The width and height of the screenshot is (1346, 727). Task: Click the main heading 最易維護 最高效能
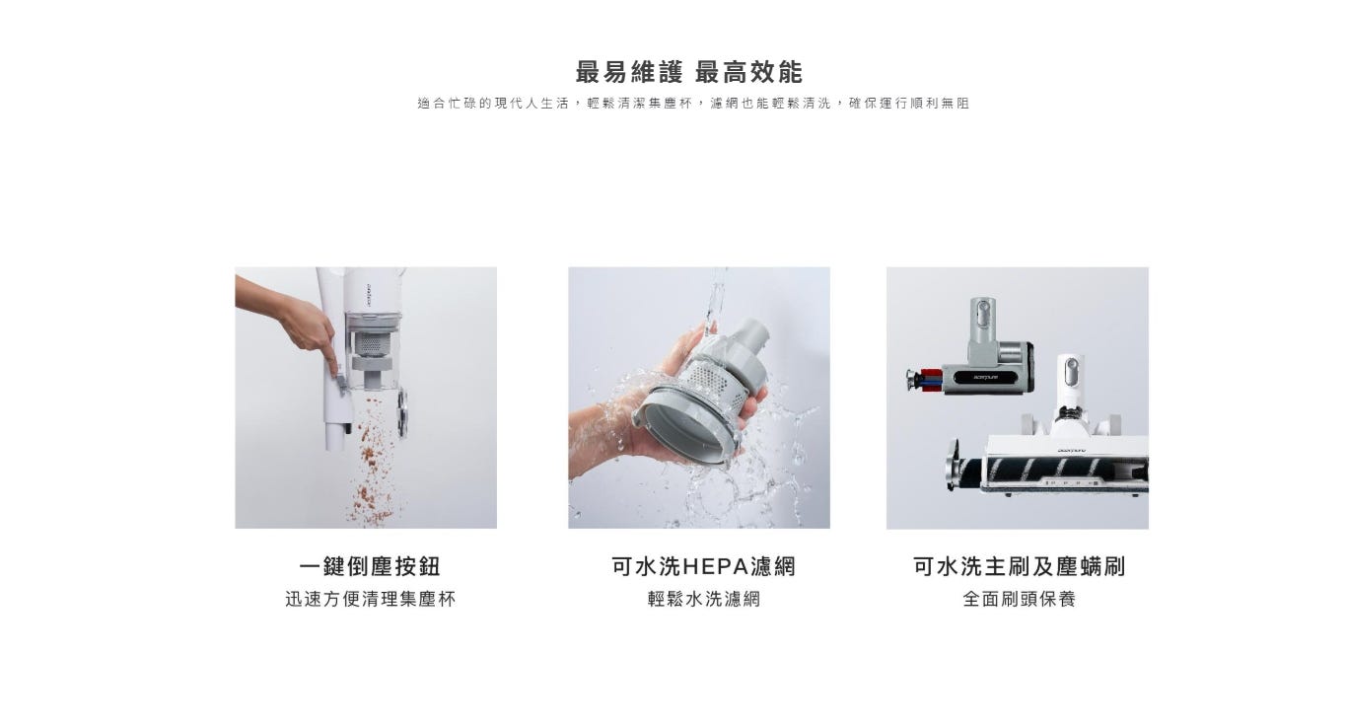pyautogui.click(x=688, y=72)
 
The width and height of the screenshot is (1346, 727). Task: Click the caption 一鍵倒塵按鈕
pyautogui.click(x=370, y=566)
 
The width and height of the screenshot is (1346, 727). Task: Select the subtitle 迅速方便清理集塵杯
pyautogui.click(x=370, y=599)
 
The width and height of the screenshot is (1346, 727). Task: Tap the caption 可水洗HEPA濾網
pyautogui.click(x=703, y=566)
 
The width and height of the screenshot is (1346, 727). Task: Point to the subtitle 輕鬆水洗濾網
pyautogui.click(x=704, y=599)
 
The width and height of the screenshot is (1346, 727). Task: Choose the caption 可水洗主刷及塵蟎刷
pyautogui.click(x=1019, y=566)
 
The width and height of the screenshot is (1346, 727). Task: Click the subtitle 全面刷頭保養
pyautogui.click(x=1019, y=599)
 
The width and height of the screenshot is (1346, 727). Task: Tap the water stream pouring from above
pyautogui.click(x=714, y=301)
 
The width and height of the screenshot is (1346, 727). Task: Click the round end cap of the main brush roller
pyautogui.click(x=952, y=466)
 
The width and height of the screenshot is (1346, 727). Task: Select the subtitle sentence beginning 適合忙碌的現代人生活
pyautogui.click(x=693, y=104)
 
